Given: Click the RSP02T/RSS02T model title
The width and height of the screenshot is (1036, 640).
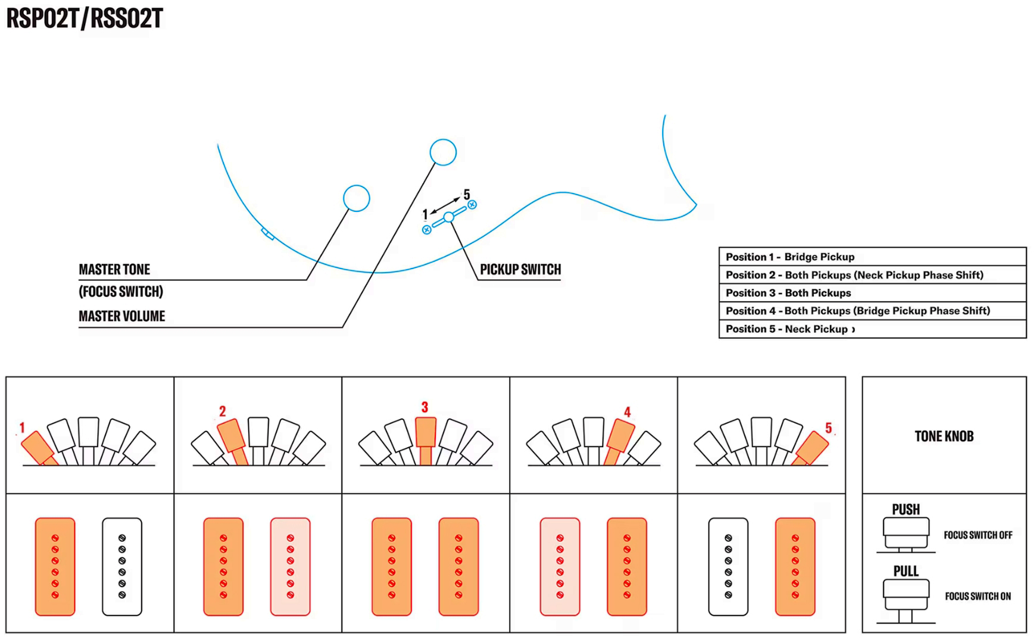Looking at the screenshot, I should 85,18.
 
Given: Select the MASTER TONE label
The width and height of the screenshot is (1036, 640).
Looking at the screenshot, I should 114,270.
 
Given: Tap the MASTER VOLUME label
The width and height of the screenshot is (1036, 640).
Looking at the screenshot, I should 122,316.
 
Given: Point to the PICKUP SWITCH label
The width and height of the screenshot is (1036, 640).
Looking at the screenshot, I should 520,270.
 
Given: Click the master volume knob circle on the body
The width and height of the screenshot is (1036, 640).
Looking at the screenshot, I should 443,152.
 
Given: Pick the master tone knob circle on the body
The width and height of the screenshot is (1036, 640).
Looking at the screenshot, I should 357,198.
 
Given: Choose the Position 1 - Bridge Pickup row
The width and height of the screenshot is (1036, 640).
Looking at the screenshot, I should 872,257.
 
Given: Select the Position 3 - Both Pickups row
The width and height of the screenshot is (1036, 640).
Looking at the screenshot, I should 872,293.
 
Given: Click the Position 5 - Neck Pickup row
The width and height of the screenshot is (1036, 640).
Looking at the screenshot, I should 872,329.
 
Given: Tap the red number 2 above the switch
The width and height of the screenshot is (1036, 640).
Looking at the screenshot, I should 223,411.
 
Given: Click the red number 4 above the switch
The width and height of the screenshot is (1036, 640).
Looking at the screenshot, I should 627,412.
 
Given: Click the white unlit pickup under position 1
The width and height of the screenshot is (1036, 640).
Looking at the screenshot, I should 122,566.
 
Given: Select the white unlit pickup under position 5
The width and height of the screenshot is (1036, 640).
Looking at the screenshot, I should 728,566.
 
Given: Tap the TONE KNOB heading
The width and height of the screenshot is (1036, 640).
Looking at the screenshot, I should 944,436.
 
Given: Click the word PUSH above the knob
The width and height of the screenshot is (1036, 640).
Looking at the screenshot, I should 906,510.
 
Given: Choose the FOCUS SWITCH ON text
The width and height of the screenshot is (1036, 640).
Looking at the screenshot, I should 978,596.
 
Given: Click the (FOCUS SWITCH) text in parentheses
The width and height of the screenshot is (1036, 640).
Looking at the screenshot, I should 121,292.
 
